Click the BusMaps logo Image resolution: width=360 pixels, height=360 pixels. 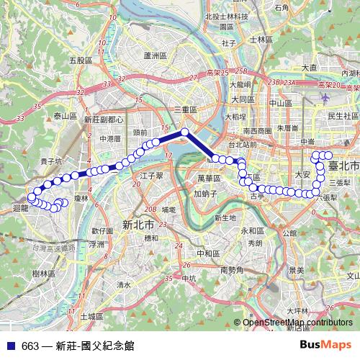pos(325,345)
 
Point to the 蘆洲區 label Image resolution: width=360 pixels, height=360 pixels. pos(155,55)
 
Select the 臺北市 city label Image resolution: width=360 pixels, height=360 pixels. pos(343,166)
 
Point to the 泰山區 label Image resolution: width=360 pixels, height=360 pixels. pos(65,115)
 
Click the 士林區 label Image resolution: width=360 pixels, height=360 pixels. pos(257,40)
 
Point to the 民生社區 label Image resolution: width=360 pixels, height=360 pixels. pos(343,115)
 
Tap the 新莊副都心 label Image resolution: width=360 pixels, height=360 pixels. pos(104,120)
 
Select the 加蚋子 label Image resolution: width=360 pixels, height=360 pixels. pos(205,194)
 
